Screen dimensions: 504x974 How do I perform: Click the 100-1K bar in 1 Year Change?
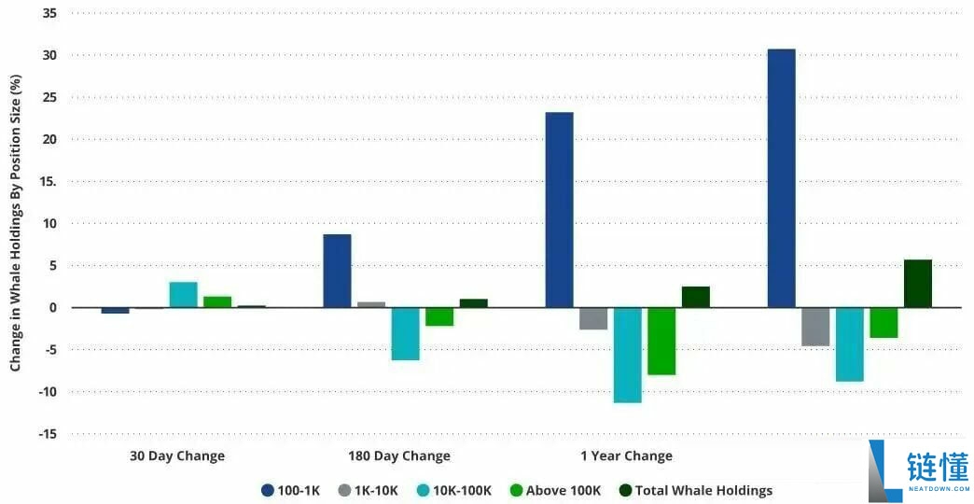coord(560,210)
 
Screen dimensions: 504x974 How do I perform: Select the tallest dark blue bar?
coord(781,178)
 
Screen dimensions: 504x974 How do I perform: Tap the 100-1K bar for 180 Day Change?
coord(337,271)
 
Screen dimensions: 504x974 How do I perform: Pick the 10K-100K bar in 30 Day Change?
coord(183,295)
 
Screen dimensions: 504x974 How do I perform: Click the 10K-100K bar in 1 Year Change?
coord(627,355)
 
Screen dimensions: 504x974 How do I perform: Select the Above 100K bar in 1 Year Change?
coord(661,341)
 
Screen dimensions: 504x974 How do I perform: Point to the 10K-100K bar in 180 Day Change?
coord(405,333)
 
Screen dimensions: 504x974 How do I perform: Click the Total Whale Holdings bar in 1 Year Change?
coord(695,297)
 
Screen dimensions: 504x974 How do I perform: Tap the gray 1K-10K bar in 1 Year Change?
coord(593,318)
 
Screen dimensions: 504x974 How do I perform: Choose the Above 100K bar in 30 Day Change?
coord(217,301)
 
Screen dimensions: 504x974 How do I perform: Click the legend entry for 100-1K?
coord(290,490)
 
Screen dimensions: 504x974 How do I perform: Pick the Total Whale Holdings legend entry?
coord(696,490)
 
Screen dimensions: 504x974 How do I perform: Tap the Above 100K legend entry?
coord(555,490)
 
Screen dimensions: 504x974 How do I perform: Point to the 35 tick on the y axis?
coord(49,14)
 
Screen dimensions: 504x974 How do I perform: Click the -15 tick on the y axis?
coord(46,434)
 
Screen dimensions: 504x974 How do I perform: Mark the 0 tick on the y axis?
coord(52,308)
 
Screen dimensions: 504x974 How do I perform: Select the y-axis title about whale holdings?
coord(16,224)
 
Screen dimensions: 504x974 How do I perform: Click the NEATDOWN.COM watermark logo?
coord(918,471)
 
